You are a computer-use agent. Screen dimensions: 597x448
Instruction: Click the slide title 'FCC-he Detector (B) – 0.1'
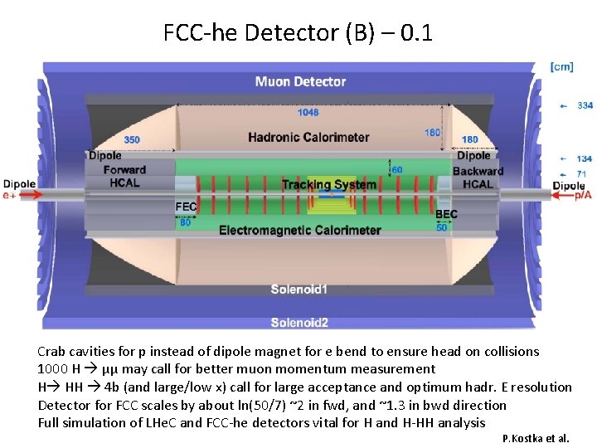tap(298, 33)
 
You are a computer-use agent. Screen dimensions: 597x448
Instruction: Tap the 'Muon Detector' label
tap(300, 81)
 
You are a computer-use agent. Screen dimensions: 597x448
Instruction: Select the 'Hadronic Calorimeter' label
tap(308, 137)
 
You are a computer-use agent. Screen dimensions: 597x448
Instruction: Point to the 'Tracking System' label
tap(328, 184)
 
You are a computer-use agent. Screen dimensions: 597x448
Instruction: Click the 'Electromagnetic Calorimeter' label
tap(300, 230)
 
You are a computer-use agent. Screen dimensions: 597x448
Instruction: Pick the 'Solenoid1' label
tap(299, 290)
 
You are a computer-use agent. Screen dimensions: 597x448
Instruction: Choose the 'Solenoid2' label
tap(299, 322)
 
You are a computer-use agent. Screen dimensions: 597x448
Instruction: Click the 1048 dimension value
tap(308, 113)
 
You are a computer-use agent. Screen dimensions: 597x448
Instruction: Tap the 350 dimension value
tap(131, 139)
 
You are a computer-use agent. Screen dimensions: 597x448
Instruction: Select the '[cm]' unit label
tap(561, 66)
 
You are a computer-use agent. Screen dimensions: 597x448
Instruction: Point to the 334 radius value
tap(585, 105)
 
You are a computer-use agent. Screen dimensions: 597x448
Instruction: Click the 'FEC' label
tap(186, 207)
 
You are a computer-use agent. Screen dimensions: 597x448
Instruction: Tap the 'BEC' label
tap(446, 214)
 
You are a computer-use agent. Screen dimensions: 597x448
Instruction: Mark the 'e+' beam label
tap(11, 194)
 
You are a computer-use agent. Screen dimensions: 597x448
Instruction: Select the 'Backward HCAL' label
tap(478, 178)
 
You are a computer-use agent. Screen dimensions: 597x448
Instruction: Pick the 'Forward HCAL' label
tap(124, 176)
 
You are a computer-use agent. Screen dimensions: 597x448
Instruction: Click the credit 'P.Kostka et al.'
tap(536, 438)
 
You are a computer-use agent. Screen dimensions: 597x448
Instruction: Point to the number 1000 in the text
tap(51, 369)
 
